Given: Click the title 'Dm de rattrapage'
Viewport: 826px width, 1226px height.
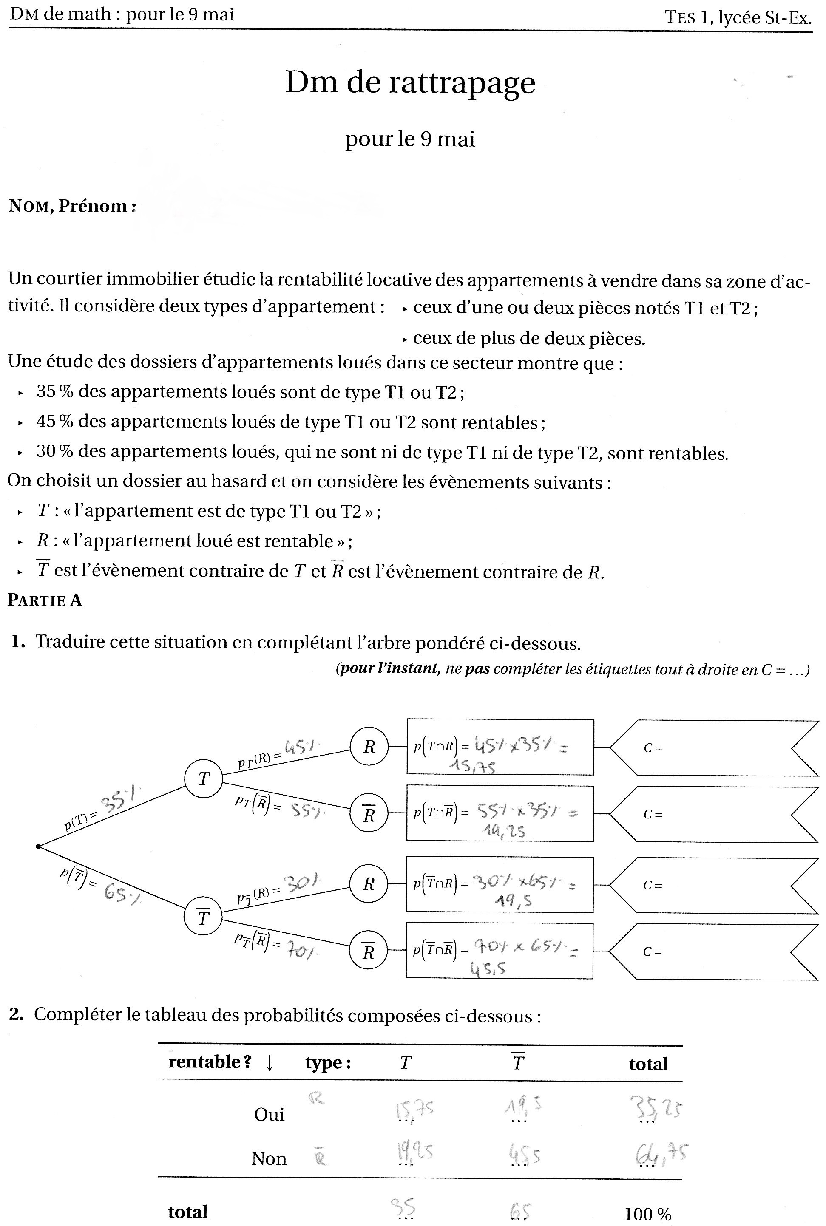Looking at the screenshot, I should tap(410, 83).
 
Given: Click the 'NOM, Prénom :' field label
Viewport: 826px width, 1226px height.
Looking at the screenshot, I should tap(73, 206).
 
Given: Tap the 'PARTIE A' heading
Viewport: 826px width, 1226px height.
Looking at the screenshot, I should tap(45, 600).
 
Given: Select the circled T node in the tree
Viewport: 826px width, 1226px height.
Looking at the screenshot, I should tap(203, 779).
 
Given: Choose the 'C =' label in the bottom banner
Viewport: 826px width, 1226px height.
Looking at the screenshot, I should tap(652, 951).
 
